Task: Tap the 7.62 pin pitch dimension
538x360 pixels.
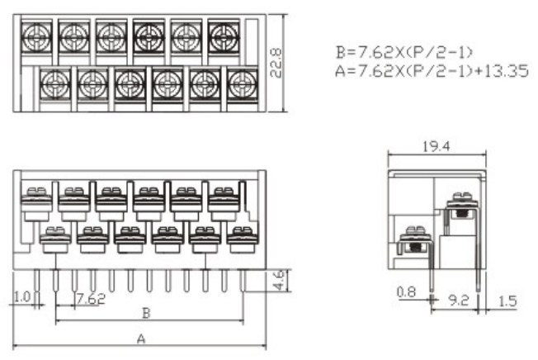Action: click(90, 297)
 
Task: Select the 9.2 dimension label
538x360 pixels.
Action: click(460, 301)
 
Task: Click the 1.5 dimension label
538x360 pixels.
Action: click(508, 301)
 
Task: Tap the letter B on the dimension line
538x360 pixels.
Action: click(146, 313)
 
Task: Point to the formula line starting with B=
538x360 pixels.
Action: click(403, 53)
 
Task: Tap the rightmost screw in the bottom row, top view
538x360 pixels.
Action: click(240, 82)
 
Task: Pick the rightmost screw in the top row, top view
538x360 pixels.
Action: click(223, 35)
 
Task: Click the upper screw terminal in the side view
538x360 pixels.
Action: click(461, 204)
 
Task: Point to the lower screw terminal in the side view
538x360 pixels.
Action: click(412, 243)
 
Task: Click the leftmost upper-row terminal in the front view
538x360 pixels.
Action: click(35, 201)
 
